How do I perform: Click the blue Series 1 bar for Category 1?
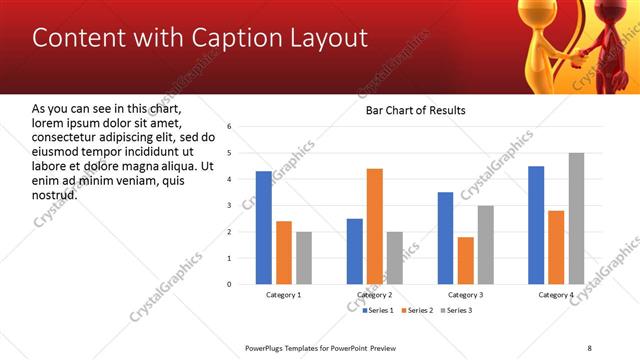click(263, 227)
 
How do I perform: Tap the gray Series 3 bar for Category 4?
click(576, 218)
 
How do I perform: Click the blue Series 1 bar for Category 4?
click(536, 225)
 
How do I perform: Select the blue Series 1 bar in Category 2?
click(355, 251)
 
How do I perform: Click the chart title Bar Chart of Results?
click(415, 110)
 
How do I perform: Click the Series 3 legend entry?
click(456, 310)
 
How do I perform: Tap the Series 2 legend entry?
click(418, 310)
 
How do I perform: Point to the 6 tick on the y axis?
click(230, 127)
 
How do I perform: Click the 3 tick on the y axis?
click(230, 206)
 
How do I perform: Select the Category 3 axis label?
click(465, 295)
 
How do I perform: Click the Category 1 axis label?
click(284, 295)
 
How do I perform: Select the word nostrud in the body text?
click(55, 194)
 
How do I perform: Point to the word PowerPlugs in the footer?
click(268, 347)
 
